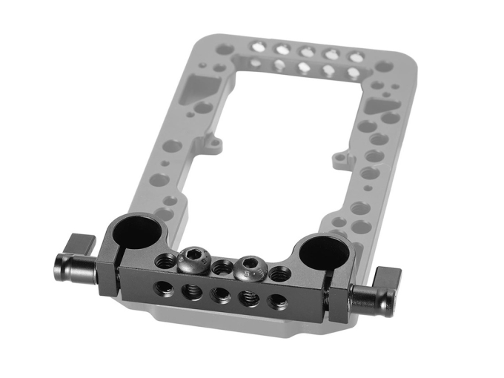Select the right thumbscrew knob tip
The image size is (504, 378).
click(361, 297)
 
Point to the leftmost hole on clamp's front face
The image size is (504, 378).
click(161, 285)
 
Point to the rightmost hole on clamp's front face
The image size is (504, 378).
click(276, 301)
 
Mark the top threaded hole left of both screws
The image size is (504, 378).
click(165, 259)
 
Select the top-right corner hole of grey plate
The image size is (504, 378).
click(383, 67)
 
